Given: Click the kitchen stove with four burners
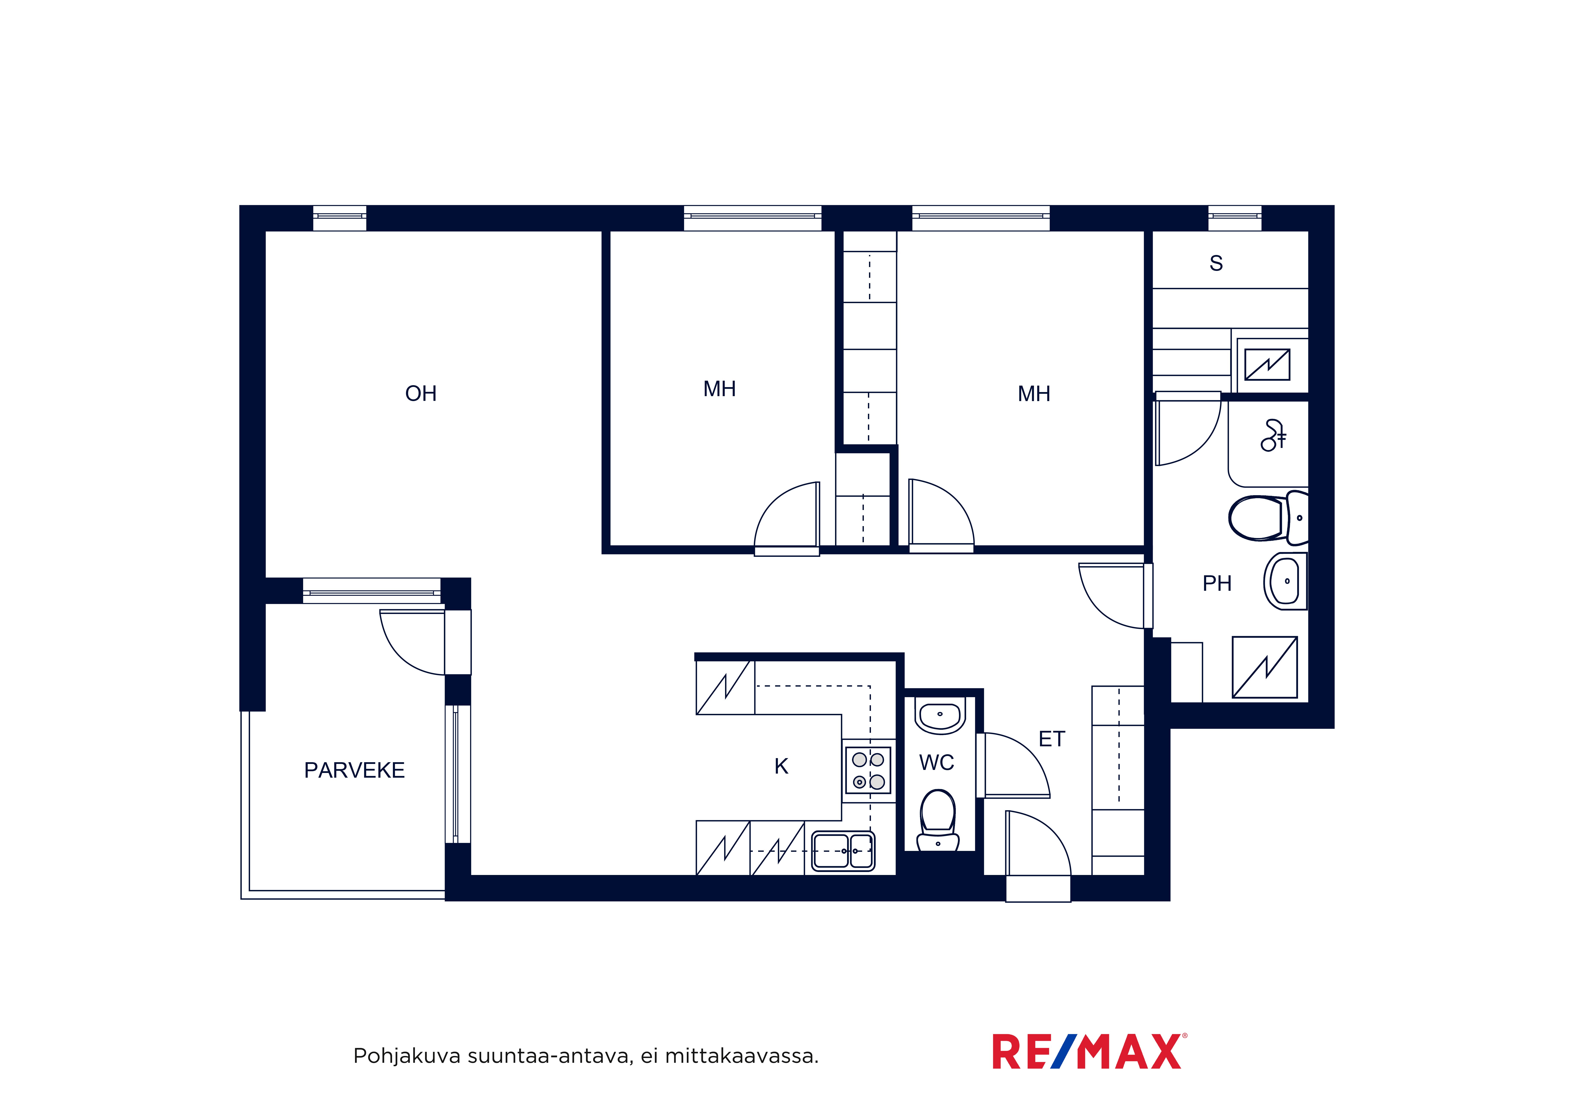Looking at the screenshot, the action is tap(868, 770).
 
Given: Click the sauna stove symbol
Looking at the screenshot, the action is tap(1267, 365).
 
